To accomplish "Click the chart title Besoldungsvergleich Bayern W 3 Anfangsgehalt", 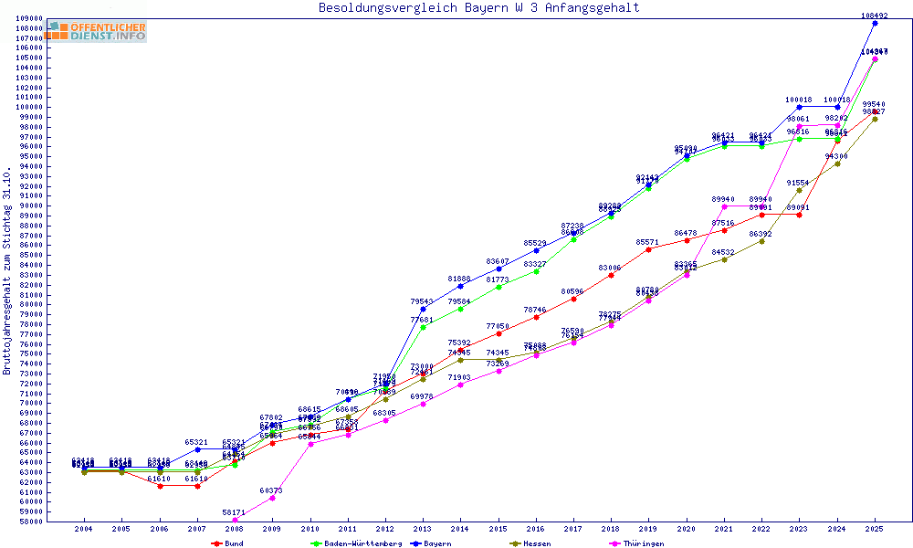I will click(x=478, y=8).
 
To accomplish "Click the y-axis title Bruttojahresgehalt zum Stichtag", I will click(x=7, y=271).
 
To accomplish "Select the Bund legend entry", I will click(x=227, y=543).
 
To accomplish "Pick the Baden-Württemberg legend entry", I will click(x=356, y=543).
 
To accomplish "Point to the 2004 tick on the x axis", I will click(x=84, y=529).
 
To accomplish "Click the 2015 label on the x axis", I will click(x=498, y=529).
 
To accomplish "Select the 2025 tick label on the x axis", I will click(x=875, y=529).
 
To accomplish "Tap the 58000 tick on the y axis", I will click(x=31, y=522).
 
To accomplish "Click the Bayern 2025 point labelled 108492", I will click(x=875, y=23).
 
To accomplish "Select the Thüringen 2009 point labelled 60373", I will click(x=272, y=498).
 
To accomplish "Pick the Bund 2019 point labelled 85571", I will click(x=648, y=249).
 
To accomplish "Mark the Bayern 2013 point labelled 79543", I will click(x=423, y=309).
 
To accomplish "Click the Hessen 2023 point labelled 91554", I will click(x=799, y=190).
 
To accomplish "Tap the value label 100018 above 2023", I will click(x=799, y=100).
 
